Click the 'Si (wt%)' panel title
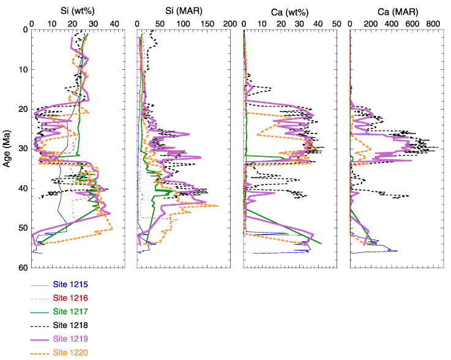77,11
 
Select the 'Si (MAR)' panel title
184,11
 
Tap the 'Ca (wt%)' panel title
289,12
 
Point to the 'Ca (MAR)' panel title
398,12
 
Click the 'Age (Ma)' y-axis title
7,149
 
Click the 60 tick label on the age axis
24,268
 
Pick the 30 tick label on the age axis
24,149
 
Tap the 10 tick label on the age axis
24,69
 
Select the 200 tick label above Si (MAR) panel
230,24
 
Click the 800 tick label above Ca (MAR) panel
433,24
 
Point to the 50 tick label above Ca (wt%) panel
337,24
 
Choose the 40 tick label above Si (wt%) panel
114,24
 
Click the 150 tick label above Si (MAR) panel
207,24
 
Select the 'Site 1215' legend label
70,284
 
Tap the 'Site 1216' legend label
70,298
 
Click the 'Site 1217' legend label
70,312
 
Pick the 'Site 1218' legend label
70,325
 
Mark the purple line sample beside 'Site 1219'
40,340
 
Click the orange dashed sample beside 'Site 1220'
40,354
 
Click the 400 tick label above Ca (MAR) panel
392,24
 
